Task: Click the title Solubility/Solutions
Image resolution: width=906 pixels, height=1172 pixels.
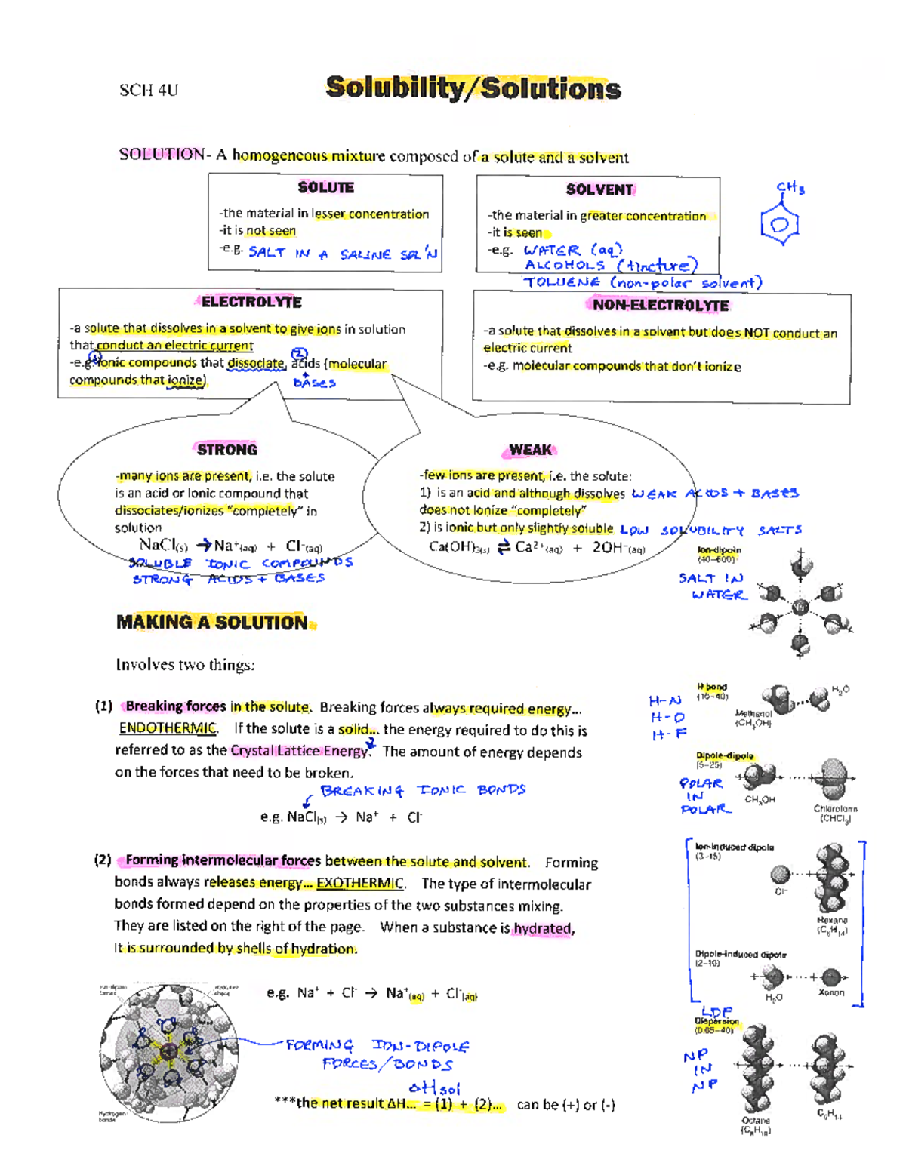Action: point(473,88)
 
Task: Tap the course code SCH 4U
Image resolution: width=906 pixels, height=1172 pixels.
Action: point(149,91)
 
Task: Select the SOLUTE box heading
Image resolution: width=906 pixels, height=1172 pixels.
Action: point(325,187)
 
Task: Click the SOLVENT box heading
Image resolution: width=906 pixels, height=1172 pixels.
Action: point(599,189)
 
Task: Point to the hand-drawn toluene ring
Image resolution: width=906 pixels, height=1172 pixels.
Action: point(780,224)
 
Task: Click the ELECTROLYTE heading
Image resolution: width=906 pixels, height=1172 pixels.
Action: point(251,302)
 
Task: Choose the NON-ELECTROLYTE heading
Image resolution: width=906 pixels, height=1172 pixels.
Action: point(661,305)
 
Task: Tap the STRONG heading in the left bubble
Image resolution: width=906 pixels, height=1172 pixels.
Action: point(227,450)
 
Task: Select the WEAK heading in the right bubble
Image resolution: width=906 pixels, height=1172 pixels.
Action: point(530,450)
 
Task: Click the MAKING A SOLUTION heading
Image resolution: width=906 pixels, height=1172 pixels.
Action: point(212,623)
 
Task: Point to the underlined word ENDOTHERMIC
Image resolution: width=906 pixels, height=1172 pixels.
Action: point(168,728)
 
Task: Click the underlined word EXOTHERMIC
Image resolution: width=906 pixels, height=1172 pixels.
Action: point(360,884)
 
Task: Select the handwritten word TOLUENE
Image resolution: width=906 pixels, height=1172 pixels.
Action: point(562,282)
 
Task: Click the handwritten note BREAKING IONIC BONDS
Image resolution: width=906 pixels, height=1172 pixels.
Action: point(423,790)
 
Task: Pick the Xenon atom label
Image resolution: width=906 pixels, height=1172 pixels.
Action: point(831,992)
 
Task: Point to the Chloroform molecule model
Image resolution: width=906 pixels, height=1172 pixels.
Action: point(834,777)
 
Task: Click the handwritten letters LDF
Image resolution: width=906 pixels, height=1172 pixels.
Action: point(716,1011)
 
